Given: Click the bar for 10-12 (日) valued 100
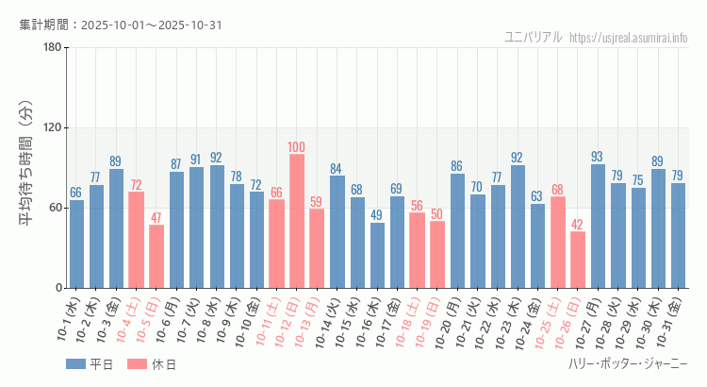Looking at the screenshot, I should (x=297, y=221).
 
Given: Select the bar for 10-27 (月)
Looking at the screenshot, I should (x=598, y=226).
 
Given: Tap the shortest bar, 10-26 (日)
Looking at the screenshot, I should (x=578, y=260).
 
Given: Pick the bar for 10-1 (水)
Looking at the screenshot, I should (x=76, y=244).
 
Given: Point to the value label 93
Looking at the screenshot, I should (x=598, y=157).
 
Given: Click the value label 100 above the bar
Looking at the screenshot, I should (x=297, y=147).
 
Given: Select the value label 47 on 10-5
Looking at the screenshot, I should (x=156, y=218).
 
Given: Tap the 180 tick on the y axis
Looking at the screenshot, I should (x=52, y=48).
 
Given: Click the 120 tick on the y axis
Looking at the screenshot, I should (x=52, y=128).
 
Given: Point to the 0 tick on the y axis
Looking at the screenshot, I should (x=58, y=288).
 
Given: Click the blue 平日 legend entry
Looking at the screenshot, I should (x=90, y=364).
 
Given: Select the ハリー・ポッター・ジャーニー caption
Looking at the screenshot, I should (x=628, y=364).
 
